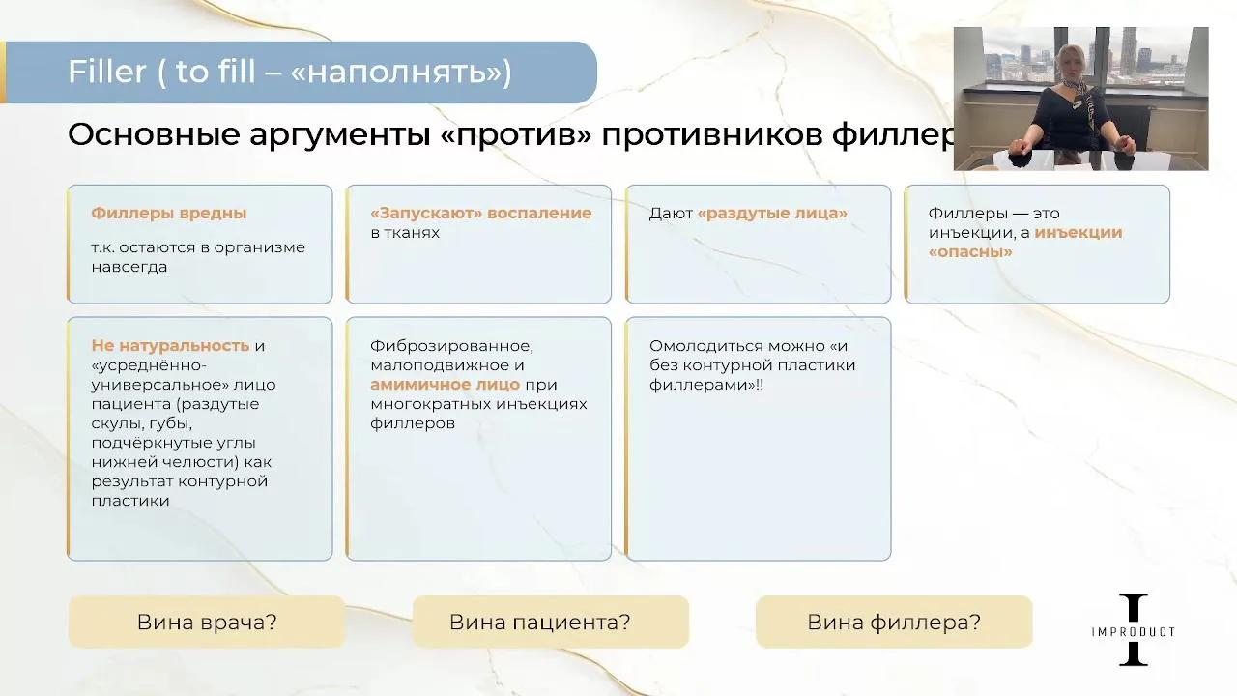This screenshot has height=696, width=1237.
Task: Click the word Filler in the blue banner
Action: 107,72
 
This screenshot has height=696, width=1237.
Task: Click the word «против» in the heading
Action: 517,134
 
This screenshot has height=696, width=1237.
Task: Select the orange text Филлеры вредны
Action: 169,213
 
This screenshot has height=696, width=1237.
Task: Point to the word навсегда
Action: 129,268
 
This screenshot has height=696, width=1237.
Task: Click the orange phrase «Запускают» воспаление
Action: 481,213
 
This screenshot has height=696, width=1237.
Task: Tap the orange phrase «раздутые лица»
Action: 772,214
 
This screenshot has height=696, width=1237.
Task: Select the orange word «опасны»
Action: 970,252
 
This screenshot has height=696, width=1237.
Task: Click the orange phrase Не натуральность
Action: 171,346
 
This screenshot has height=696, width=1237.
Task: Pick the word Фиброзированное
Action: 451,346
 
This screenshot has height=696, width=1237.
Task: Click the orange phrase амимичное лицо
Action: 446,385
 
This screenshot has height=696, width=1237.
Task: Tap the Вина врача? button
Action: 207,622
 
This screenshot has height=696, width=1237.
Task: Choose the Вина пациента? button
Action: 551,622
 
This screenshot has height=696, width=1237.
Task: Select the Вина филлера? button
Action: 894,622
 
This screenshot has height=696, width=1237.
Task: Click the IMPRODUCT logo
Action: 1134,629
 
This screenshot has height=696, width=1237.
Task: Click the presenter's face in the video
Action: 1069,65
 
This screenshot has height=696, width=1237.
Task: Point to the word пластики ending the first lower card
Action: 130,501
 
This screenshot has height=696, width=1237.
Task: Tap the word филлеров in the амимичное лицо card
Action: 413,423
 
